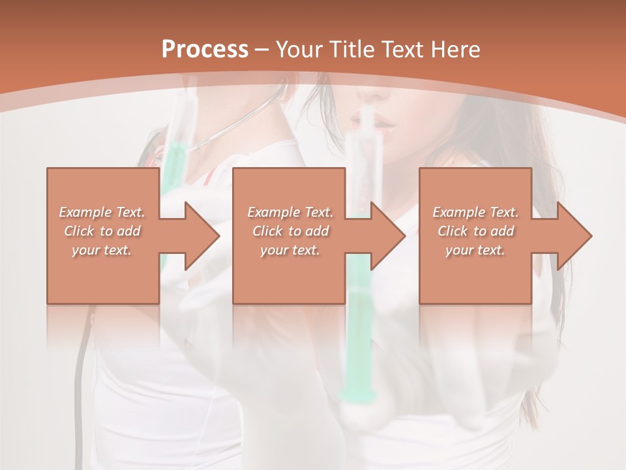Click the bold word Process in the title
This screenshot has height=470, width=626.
(x=205, y=50)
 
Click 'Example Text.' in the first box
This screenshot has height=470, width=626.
(x=102, y=212)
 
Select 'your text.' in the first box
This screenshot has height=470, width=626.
(x=102, y=250)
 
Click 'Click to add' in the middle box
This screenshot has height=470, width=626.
(x=290, y=231)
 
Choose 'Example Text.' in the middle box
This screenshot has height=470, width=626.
(x=290, y=212)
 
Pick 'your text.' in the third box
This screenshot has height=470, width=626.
(x=475, y=250)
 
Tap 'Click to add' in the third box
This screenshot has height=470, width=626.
(x=475, y=231)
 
